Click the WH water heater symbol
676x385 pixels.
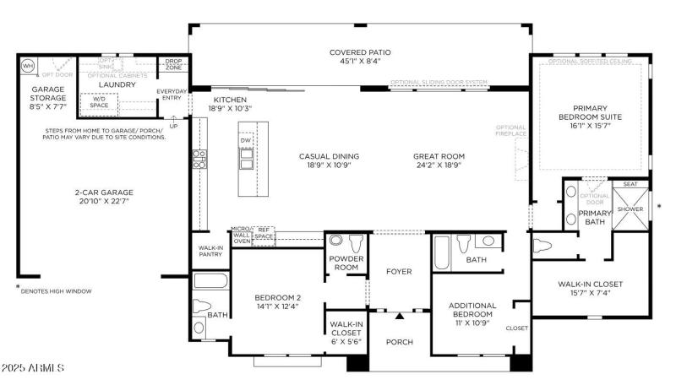click(28, 65)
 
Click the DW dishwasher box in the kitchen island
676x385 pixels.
click(246, 140)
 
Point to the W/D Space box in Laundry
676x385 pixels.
click(100, 102)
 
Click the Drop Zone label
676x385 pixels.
click(172, 64)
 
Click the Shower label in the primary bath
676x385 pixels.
click(630, 209)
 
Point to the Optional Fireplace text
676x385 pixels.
click(511, 130)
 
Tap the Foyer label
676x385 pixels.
click(398, 271)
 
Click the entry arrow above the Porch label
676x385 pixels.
click(398, 316)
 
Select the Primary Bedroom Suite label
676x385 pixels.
click(589, 115)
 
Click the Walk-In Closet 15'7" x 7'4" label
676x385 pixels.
click(590, 289)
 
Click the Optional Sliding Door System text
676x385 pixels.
click(439, 83)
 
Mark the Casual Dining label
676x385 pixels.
click(329, 161)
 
